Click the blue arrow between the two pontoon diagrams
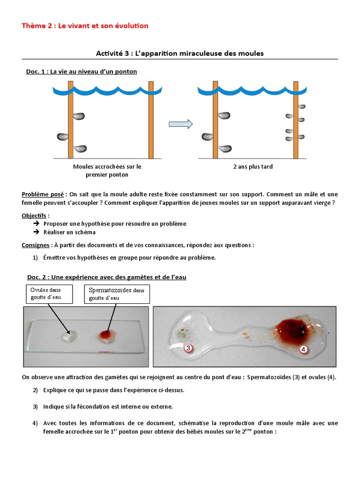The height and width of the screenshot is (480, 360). [180, 124]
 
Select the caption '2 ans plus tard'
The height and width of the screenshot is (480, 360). [253, 166]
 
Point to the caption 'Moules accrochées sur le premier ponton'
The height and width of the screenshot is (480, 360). [107, 171]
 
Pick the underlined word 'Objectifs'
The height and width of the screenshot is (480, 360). [34, 216]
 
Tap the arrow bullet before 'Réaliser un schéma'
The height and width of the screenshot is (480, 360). [36, 232]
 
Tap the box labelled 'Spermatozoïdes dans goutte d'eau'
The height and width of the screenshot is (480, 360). [117, 294]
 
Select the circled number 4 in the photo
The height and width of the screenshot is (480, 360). [303, 349]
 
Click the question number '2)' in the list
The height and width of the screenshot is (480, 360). [35, 390]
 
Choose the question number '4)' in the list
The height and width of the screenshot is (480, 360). [35, 423]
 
